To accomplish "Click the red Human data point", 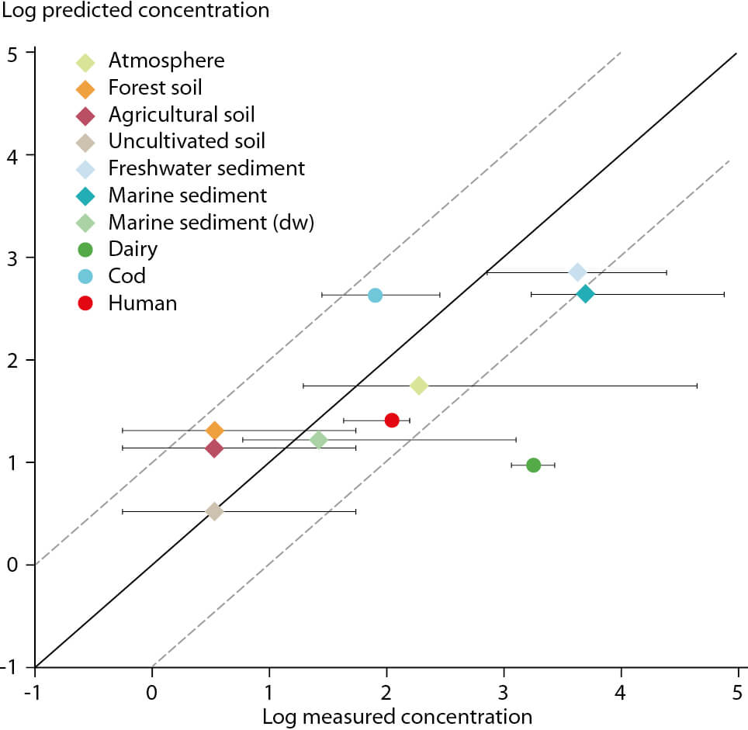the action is pos(392,420).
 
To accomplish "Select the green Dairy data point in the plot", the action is pos(533,465).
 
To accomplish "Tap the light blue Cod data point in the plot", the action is pos(376,295).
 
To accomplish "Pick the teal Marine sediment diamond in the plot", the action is pos(585,294).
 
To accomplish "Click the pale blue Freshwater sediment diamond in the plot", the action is pos(578,272).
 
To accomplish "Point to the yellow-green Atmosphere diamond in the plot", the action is pos(419,386).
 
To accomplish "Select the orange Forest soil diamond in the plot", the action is pos(215,431).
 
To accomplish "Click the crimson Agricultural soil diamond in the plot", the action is pos(214,448).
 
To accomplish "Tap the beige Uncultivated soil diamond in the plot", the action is pos(214,511).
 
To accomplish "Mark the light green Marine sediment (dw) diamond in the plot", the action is pos(319,440).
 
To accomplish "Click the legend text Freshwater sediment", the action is pos(206,168).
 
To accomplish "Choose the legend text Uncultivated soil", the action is pos(186,141).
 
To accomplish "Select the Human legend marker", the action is pos(85,303).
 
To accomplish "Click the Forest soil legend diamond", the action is pos(85,89).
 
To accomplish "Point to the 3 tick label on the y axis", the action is pos(12,259).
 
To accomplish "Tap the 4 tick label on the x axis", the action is pos(620,692).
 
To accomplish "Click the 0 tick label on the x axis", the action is pos(152,692).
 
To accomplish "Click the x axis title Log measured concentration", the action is pos(397,717).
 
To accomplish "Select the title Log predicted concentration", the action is pos(136,11).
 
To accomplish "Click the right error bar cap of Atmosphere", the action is pos(697,386).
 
